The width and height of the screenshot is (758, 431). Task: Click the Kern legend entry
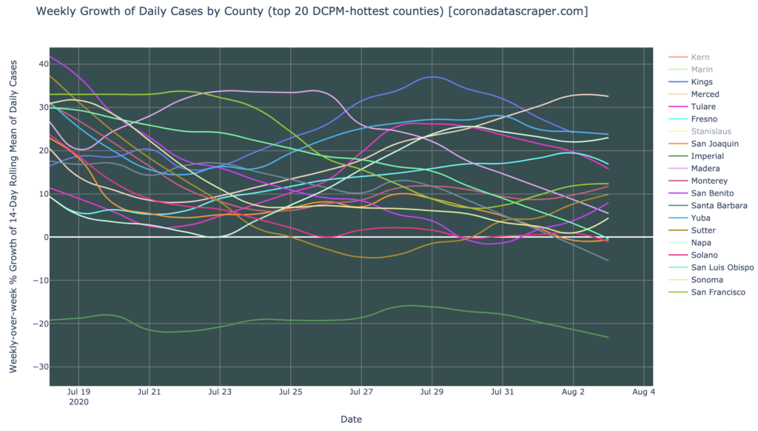point(700,57)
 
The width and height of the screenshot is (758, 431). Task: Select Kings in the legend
point(702,81)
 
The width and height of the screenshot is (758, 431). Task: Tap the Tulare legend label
point(702,107)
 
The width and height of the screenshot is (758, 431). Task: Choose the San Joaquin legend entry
point(711,144)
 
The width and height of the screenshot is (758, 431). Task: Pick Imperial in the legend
point(707,156)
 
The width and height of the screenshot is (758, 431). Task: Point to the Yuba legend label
point(700,218)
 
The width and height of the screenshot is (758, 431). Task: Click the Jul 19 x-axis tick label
point(78,392)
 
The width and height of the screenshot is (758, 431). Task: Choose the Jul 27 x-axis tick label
point(360,392)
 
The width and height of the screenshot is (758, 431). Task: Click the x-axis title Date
point(351,419)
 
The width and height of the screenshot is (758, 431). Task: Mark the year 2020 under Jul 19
point(78,403)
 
